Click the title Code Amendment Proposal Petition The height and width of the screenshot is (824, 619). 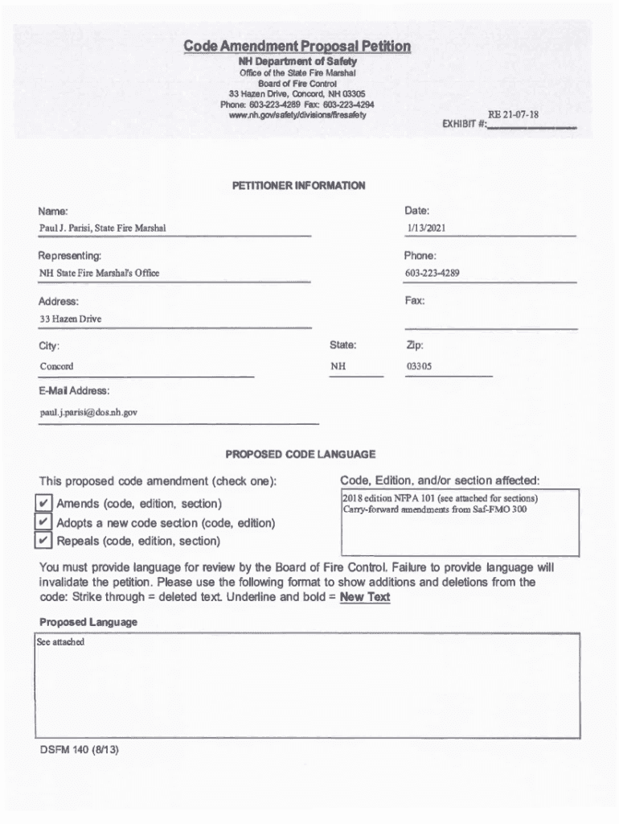tap(297, 47)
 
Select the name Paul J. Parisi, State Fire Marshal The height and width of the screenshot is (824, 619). tap(103, 229)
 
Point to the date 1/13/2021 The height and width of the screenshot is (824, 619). tap(426, 229)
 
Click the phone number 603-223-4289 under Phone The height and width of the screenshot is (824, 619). tap(432, 274)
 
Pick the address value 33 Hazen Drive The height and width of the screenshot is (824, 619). tap(71, 319)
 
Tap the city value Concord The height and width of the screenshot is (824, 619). tap(56, 366)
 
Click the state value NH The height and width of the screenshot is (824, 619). tap(338, 366)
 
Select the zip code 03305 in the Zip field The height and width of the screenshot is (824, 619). tap(419, 366)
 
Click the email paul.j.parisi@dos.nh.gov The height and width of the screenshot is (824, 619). tap(89, 412)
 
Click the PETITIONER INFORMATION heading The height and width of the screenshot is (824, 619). tap(298, 186)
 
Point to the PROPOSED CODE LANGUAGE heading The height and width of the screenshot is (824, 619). tap(300, 455)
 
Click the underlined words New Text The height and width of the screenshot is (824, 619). tap(365, 597)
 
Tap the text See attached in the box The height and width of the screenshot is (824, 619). tap(60, 643)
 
